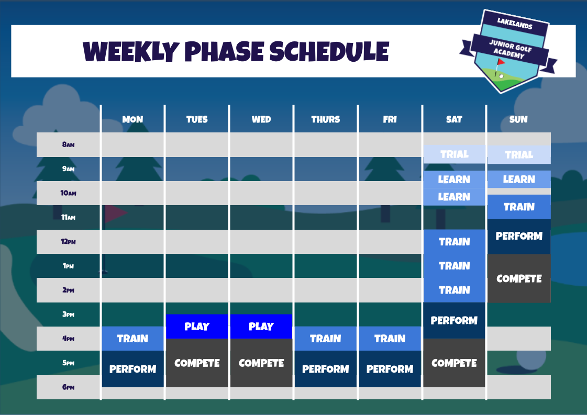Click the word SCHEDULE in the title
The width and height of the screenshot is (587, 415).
click(x=329, y=51)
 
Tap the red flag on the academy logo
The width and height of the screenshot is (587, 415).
click(x=501, y=62)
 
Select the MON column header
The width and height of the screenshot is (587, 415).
click(x=132, y=119)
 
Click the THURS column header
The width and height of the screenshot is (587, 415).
click(x=325, y=119)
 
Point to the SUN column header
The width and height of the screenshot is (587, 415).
click(x=518, y=119)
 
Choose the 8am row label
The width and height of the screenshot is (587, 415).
click(x=68, y=144)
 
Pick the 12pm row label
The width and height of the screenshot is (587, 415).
click(x=68, y=242)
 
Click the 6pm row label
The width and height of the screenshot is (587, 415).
click(x=68, y=387)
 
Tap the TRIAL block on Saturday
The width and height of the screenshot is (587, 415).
click(x=454, y=154)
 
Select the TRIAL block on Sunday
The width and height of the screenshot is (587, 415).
click(x=518, y=155)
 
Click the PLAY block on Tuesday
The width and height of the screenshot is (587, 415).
click(x=197, y=327)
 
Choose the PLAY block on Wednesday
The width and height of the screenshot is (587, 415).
click(x=261, y=327)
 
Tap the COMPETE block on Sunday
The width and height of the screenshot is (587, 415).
click(x=518, y=278)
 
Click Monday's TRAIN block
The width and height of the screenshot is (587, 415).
click(x=132, y=339)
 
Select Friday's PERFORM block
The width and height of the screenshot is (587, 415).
click(x=390, y=369)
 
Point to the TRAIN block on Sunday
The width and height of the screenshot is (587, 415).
click(x=518, y=207)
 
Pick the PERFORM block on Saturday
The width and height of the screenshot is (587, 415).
click(x=454, y=320)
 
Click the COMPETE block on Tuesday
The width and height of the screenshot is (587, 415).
click(x=197, y=363)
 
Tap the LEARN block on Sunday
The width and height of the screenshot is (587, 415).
click(x=518, y=179)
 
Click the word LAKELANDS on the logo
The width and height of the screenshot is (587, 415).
click(x=515, y=24)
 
